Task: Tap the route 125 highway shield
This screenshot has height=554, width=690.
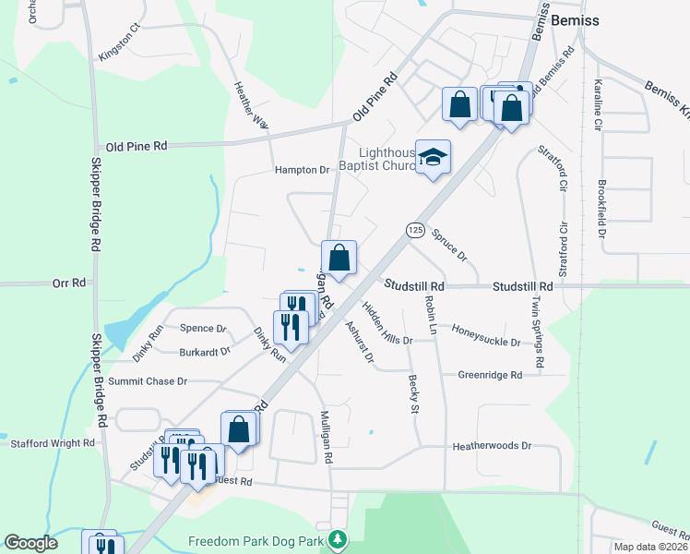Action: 414,229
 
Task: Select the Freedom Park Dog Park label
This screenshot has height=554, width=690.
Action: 260,539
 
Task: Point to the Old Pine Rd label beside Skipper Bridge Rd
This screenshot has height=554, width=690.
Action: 136,146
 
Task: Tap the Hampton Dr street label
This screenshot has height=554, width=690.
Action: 302,170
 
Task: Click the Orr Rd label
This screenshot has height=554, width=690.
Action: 69,283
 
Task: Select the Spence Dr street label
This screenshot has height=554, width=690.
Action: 203,328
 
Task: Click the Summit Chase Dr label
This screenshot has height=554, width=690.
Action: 148,380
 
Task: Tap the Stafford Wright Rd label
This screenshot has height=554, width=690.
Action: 53,443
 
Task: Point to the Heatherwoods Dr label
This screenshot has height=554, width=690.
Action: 493,446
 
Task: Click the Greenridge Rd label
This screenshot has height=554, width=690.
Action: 490,375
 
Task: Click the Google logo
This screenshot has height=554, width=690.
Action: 31,543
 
